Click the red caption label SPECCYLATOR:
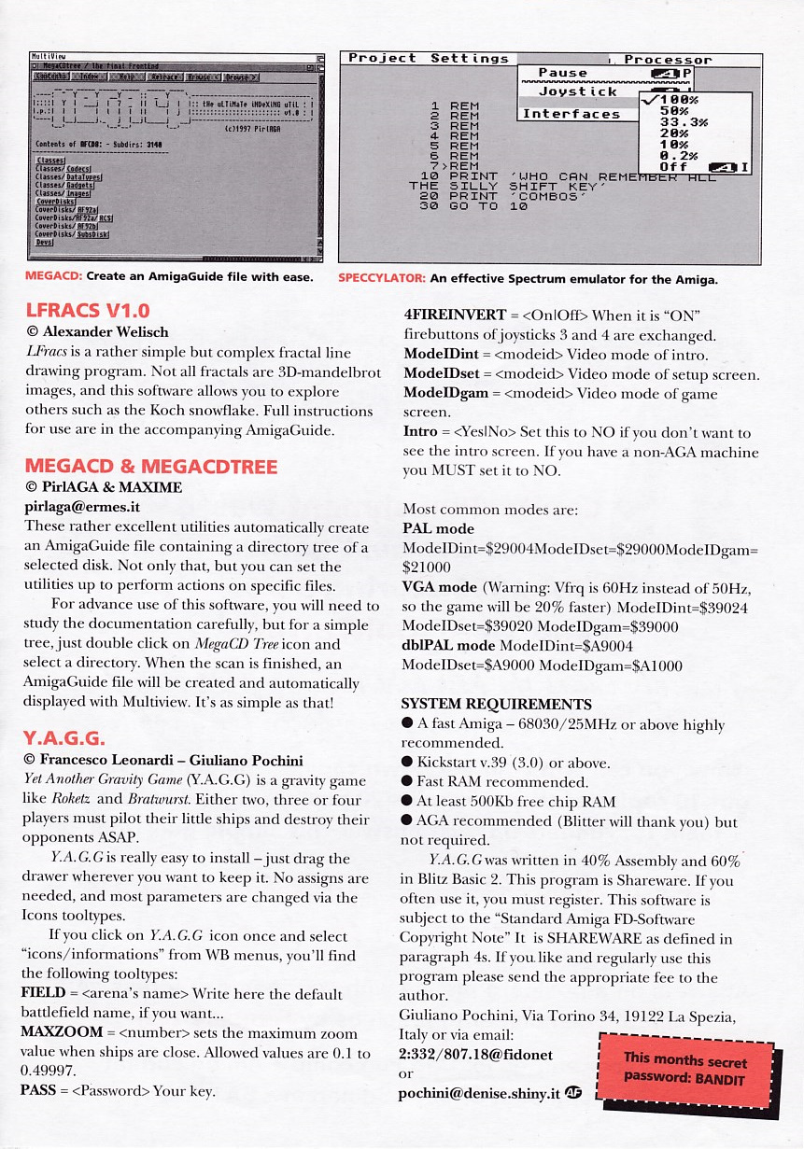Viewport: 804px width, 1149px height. pyautogui.click(x=382, y=278)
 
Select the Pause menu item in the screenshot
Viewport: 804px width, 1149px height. pyautogui.click(x=563, y=73)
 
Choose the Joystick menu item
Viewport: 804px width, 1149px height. pyautogui.click(x=577, y=91)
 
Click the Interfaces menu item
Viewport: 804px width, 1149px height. pyautogui.click(x=571, y=114)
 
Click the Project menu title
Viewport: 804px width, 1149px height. pyautogui.click(x=382, y=58)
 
